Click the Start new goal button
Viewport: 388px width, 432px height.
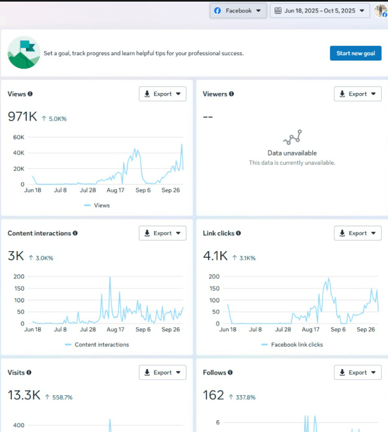click(355, 53)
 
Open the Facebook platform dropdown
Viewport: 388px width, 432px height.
click(238, 11)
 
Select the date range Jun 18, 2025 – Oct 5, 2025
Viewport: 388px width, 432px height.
click(320, 11)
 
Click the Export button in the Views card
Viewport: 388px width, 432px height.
click(162, 94)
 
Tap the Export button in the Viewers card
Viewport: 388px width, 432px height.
click(358, 94)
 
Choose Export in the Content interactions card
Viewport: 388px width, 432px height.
click(162, 233)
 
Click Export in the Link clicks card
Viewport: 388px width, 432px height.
click(358, 233)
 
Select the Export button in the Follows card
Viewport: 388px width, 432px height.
click(358, 372)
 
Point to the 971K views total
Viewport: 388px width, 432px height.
click(22, 117)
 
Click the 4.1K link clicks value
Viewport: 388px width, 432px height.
click(215, 256)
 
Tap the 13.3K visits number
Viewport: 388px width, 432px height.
click(23, 395)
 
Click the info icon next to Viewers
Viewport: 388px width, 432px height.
click(231, 94)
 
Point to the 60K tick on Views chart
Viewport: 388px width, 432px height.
click(19, 137)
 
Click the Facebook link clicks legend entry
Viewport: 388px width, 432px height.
click(296, 344)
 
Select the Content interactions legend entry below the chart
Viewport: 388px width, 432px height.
click(101, 344)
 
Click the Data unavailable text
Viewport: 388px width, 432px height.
click(292, 153)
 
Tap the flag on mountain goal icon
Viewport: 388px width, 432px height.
click(24, 53)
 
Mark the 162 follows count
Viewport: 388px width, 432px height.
click(213, 395)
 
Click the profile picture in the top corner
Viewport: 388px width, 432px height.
click(381, 11)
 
